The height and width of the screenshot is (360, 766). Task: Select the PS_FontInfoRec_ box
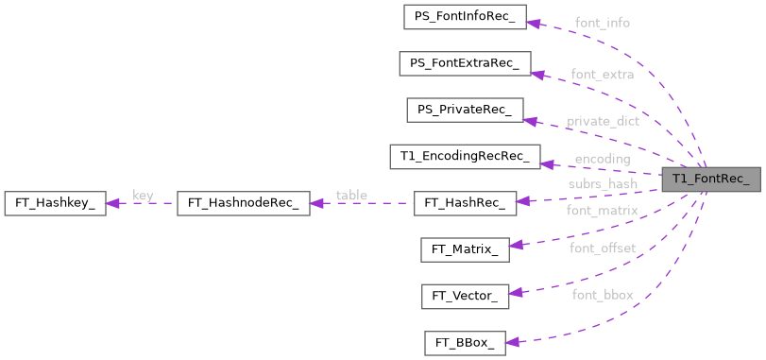click(464, 17)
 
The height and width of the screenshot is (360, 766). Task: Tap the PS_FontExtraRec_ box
click(464, 63)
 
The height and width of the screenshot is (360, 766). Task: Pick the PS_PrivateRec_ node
click(464, 110)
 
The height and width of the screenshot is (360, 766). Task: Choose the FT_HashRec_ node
click(465, 202)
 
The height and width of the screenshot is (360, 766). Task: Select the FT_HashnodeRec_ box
click(243, 202)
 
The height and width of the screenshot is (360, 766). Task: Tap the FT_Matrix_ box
click(465, 249)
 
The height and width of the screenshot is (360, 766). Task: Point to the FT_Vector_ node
click(465, 296)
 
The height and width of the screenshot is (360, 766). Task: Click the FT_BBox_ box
click(465, 342)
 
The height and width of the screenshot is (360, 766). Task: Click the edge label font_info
click(602, 22)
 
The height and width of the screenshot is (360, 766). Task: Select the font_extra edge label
click(602, 73)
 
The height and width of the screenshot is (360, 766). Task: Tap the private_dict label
click(603, 121)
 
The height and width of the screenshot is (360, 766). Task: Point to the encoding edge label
click(602, 159)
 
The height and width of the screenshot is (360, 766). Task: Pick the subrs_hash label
click(602, 183)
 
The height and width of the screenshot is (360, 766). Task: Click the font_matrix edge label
click(602, 210)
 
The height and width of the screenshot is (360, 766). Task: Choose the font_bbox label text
click(602, 295)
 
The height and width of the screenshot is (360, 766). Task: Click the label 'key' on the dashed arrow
click(143, 196)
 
